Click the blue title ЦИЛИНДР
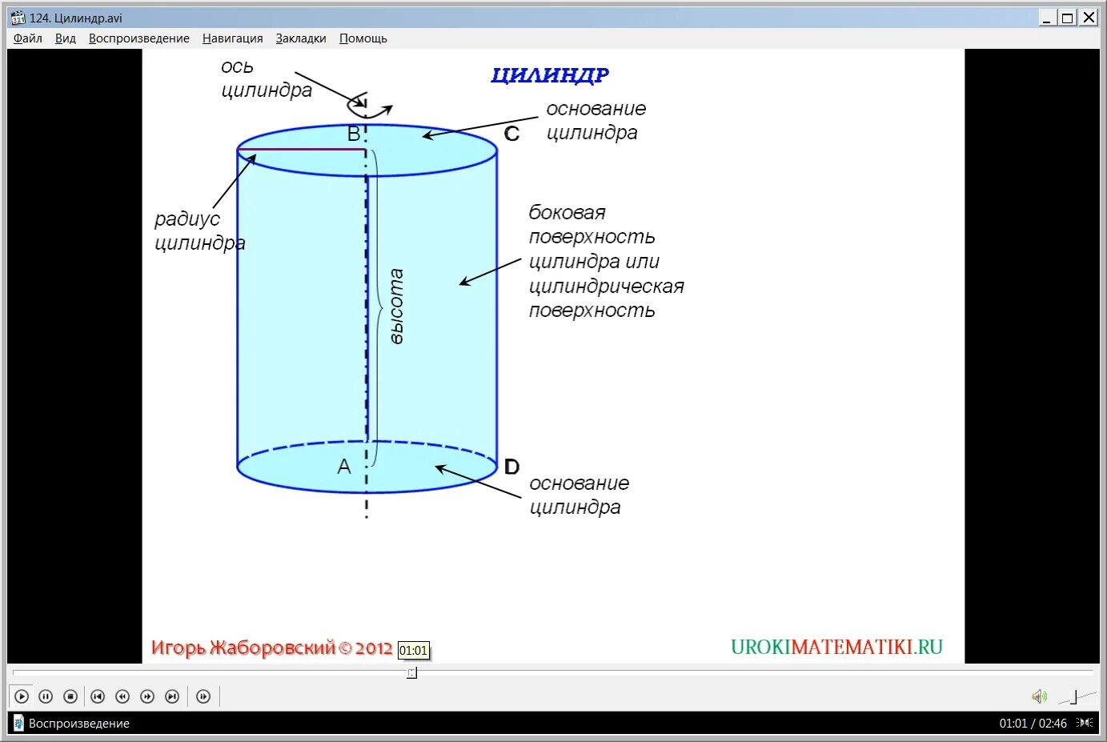pos(550,75)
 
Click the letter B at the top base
pos(354,134)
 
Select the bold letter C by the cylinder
pos(512,134)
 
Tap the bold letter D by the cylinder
pos(512,467)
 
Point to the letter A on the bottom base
pos(344,467)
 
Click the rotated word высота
pos(396,307)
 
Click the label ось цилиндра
pos(266,78)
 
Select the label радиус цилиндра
pos(199,231)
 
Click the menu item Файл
pos(28,38)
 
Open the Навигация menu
pos(232,38)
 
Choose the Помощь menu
pos(363,38)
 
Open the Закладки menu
pos(301,38)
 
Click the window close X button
pos(1089,18)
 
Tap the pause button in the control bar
pos(46,696)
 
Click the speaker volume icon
pos(1039,696)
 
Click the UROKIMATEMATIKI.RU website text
pos(836,647)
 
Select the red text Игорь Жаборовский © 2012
pos(271,648)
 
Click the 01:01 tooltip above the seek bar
pos(413,651)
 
